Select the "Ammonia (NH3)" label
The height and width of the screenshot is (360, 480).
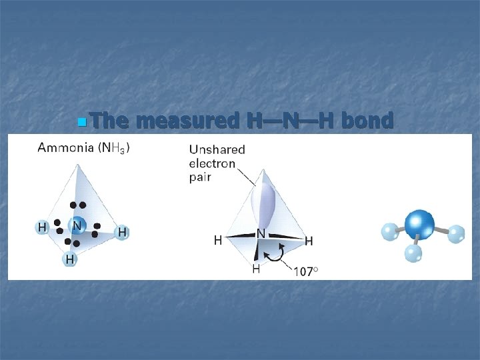point(83,147)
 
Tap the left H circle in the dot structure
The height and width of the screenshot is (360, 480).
point(42,227)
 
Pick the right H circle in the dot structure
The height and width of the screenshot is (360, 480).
point(122,233)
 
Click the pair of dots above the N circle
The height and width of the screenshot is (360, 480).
point(77,205)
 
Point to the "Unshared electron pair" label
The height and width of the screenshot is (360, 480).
point(217,163)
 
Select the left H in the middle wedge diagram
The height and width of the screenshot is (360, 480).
point(217,240)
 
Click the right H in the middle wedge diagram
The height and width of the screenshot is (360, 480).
point(309,240)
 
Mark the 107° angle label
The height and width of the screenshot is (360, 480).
point(306,272)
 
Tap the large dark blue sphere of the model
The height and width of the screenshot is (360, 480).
point(419,223)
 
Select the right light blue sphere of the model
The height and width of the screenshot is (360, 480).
point(457,234)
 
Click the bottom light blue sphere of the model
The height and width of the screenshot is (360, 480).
point(413,253)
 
